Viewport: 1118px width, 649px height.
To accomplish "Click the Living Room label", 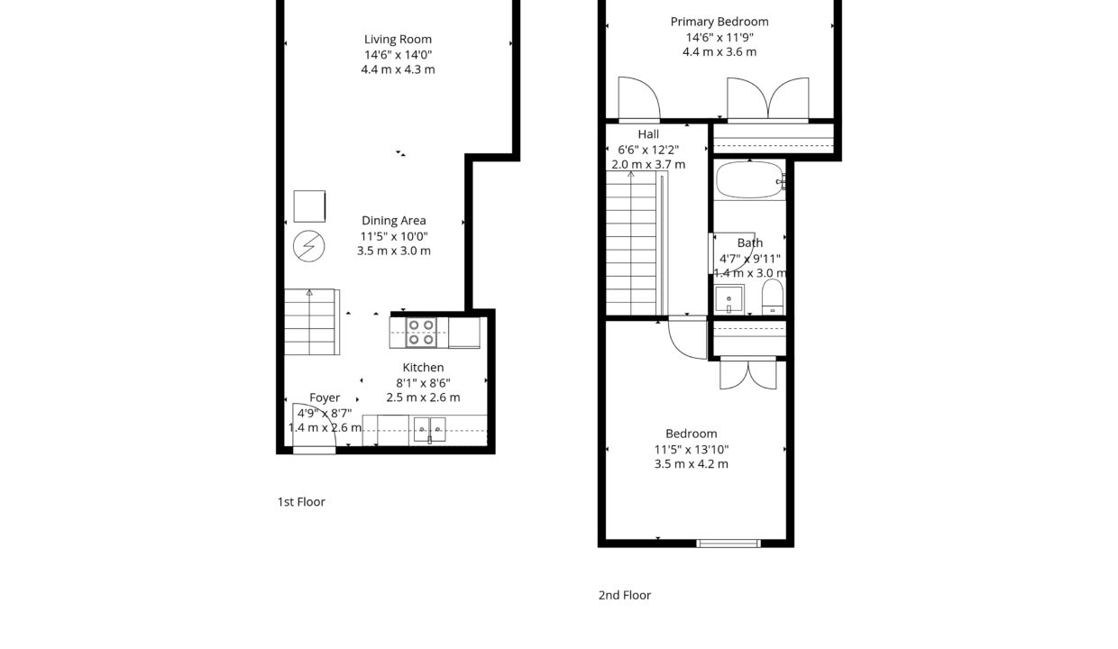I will (x=398, y=40).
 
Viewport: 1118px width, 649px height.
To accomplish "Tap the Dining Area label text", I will (x=393, y=221).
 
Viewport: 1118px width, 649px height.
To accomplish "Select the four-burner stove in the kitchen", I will (x=420, y=333).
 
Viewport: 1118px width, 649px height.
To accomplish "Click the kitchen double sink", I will (x=430, y=428).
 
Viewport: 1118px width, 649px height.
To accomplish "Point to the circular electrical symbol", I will (x=308, y=246).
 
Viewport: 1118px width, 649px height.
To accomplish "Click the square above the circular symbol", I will (x=309, y=206).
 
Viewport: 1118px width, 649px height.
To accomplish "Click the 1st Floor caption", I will (x=301, y=502).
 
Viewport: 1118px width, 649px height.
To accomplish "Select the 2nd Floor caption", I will (x=624, y=596).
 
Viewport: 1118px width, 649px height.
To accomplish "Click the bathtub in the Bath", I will (x=749, y=180).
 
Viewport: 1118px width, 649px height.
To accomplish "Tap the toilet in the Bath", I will (x=773, y=297).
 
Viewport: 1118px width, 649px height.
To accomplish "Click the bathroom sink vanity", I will (x=729, y=298).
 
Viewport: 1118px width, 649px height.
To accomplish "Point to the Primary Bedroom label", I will (x=719, y=22).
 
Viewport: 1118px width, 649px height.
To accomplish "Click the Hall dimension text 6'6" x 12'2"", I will (x=648, y=150).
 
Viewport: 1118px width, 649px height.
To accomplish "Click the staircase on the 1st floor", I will (x=309, y=323).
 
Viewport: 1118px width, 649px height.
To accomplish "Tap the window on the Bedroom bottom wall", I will (x=729, y=543).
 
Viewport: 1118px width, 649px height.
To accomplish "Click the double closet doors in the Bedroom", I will (x=747, y=374).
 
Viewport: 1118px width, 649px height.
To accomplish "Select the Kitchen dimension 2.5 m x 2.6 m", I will (x=423, y=398).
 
